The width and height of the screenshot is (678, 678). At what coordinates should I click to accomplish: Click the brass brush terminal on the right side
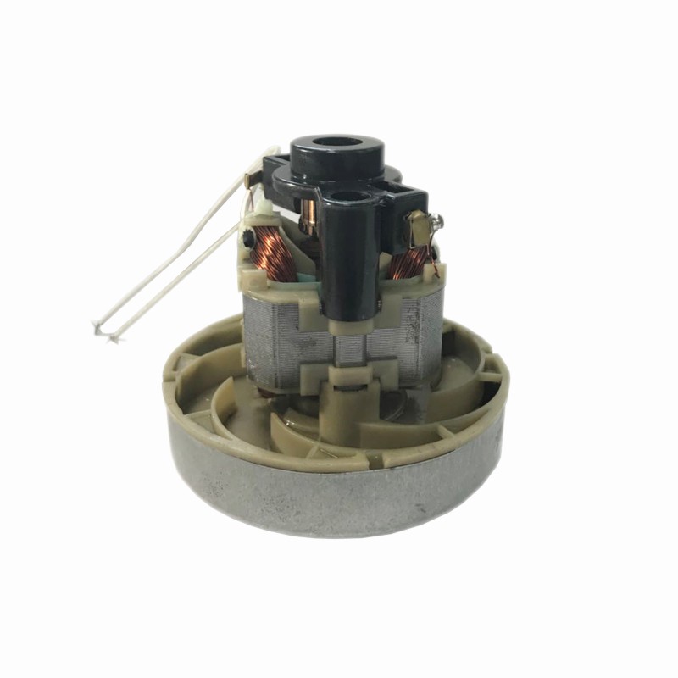pyautogui.click(x=417, y=225)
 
